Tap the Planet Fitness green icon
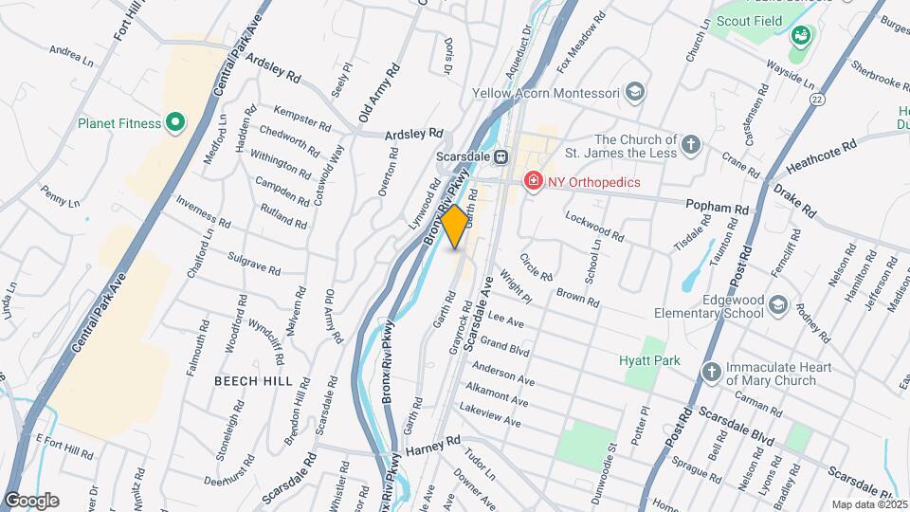[x=174, y=122]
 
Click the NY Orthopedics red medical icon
[x=534, y=181]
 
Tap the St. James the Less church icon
[x=692, y=145]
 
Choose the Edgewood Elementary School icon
[x=778, y=304]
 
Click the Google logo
[x=31, y=501]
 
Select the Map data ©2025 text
[x=868, y=504]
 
